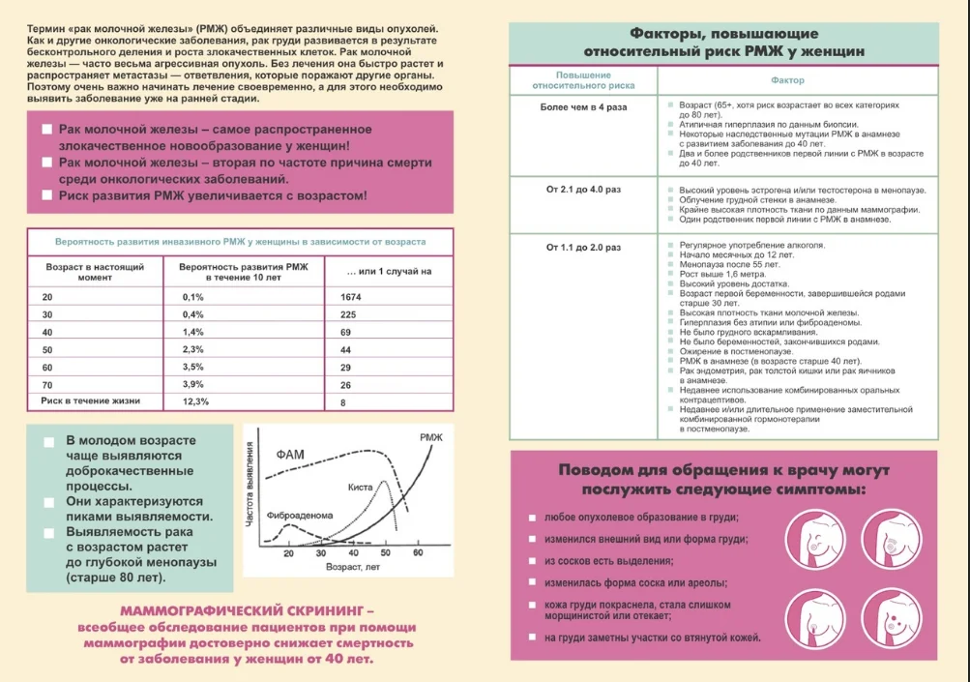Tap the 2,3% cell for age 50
[x=193, y=349]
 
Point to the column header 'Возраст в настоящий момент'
[x=95, y=271]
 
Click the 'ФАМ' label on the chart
[x=293, y=454]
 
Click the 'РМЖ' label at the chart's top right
[x=431, y=438]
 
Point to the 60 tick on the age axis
[x=419, y=553]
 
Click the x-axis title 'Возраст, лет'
[x=355, y=567]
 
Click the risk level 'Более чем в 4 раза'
[x=584, y=106]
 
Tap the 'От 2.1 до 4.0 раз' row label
[x=584, y=191]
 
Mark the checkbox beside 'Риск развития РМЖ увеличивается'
[x=46, y=195]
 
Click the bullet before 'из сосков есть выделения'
[x=532, y=561]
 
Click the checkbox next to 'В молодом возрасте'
[x=48, y=442]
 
